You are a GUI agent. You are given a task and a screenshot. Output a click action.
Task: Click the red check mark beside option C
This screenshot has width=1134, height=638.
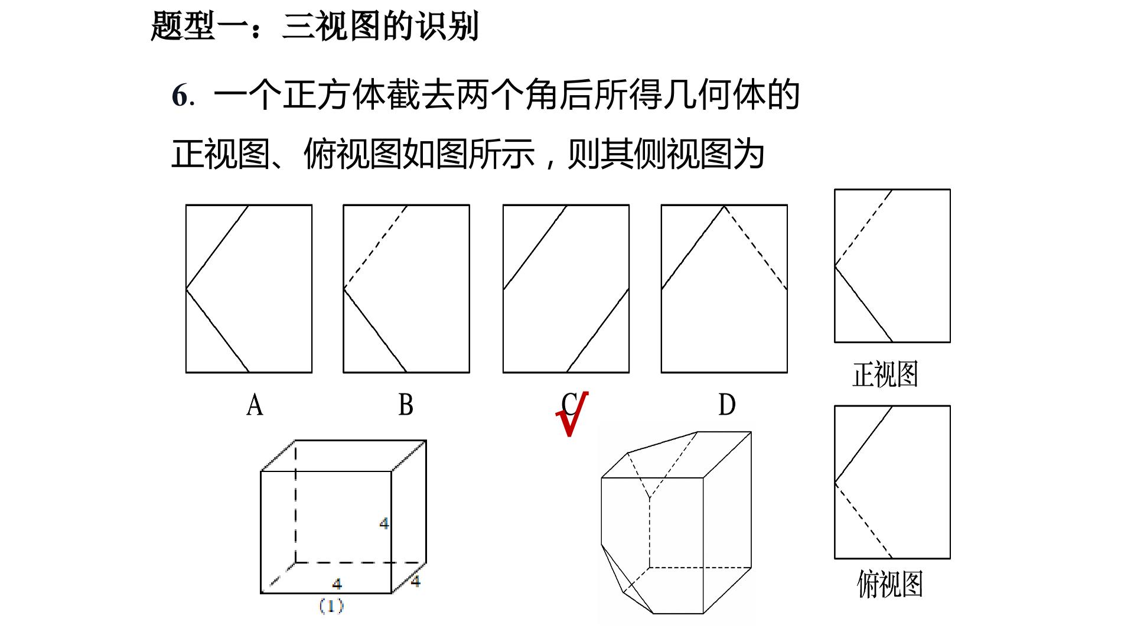pyautogui.click(x=571, y=415)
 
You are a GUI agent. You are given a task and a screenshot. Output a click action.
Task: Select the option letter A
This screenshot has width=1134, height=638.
pyautogui.click(x=255, y=405)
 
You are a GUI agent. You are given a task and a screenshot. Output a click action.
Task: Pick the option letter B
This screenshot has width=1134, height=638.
pyautogui.click(x=406, y=405)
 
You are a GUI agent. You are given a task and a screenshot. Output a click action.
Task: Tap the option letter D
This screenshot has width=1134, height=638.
pyautogui.click(x=727, y=405)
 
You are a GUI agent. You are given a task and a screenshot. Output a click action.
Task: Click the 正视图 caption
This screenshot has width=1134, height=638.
pyautogui.click(x=885, y=375)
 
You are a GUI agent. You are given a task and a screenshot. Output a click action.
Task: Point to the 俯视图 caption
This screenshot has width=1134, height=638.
pyautogui.click(x=889, y=584)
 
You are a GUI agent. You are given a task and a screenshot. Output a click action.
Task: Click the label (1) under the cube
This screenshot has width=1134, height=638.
pyautogui.click(x=331, y=606)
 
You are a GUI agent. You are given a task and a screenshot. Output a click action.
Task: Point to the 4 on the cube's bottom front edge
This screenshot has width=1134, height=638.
pyautogui.click(x=337, y=584)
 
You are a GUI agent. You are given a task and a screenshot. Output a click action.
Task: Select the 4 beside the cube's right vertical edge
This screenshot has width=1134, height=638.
pyautogui.click(x=384, y=523)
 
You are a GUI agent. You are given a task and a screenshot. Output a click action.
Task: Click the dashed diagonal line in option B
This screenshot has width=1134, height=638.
pyautogui.click(x=376, y=247)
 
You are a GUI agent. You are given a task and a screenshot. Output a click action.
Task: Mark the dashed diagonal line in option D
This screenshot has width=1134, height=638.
pyautogui.click(x=755, y=247)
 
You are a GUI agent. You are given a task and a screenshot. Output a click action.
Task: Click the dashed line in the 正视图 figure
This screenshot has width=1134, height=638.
pyautogui.click(x=863, y=227)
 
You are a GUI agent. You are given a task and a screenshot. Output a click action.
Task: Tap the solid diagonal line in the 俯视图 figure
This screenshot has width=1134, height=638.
pyautogui.click(x=863, y=444)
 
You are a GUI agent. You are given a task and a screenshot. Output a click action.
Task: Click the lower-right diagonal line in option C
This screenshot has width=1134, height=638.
pyautogui.click(x=598, y=330)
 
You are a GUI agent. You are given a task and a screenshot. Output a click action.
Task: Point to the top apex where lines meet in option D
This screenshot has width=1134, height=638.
pyautogui.click(x=724, y=206)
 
